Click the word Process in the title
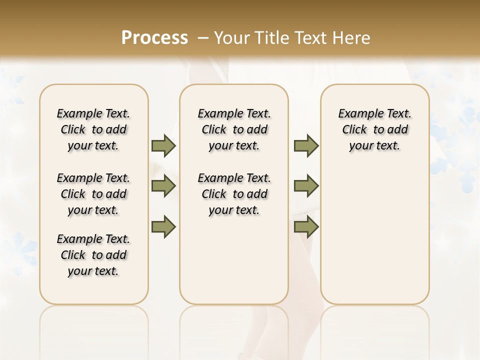coord(154,37)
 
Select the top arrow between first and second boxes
coord(163,145)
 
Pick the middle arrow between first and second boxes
coord(163,186)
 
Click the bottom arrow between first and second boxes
coord(163,226)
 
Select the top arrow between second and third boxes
coord(306,145)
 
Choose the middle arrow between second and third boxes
coord(306,186)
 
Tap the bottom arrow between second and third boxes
coord(306,226)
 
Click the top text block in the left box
coord(93,129)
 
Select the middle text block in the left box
coord(93,194)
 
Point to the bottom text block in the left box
coord(93,255)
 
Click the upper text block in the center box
coord(234,129)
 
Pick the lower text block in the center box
coord(234,194)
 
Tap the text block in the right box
coord(375,129)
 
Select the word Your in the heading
coord(231,37)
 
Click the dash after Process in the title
coord(202,38)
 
